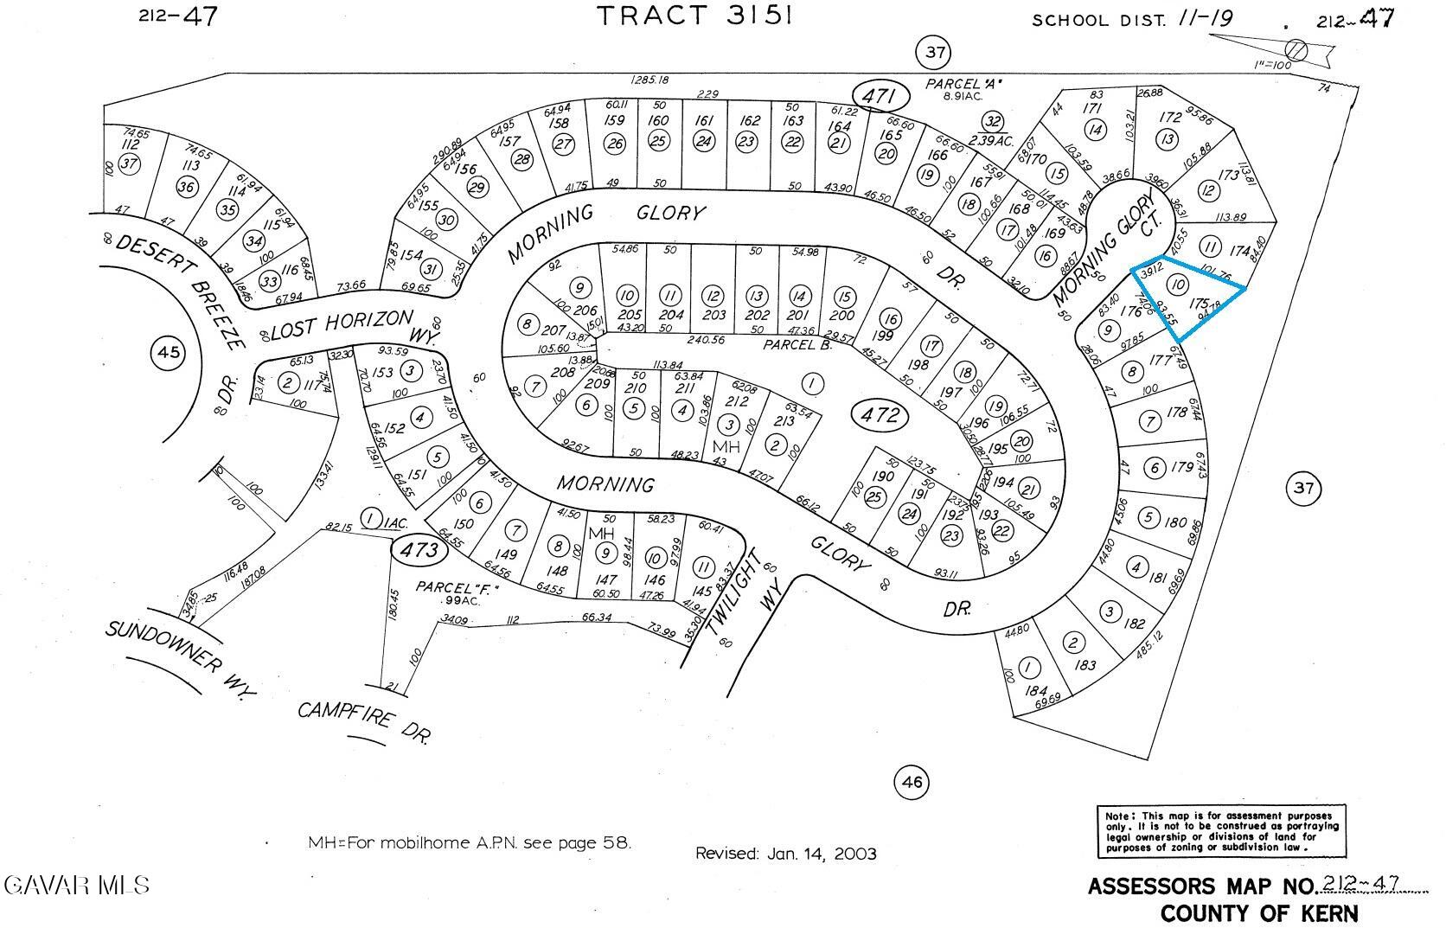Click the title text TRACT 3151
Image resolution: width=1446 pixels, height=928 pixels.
694,16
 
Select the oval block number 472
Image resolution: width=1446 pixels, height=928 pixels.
881,416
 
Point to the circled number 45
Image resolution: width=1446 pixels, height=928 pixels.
168,352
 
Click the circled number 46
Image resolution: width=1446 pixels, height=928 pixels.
912,783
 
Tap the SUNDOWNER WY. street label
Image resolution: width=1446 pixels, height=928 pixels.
182,658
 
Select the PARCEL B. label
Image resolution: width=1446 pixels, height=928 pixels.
797,344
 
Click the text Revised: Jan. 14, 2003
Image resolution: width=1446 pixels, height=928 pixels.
785,854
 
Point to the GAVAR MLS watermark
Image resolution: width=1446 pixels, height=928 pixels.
76,885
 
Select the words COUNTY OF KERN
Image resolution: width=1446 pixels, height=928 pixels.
1258,913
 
